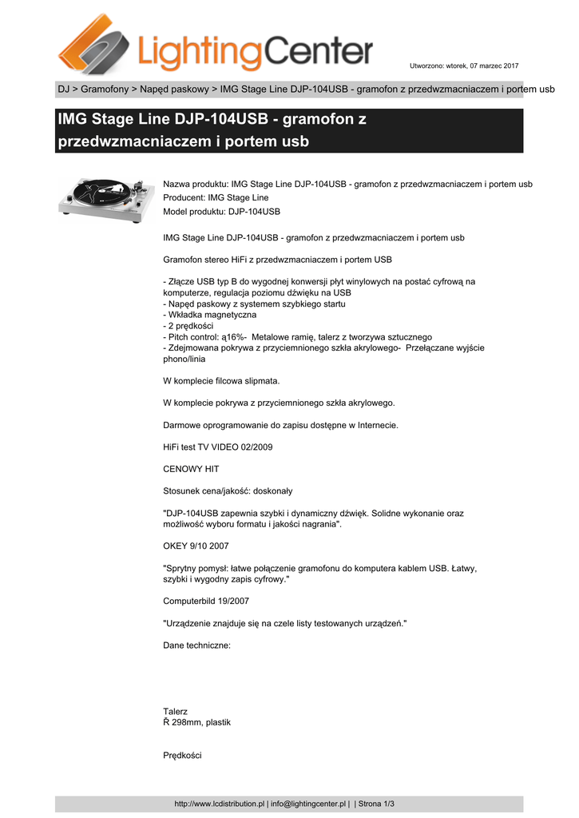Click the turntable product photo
point(105,197)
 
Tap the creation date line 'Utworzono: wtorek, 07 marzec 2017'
point(464,65)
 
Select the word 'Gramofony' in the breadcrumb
point(105,89)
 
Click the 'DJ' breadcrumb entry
point(63,89)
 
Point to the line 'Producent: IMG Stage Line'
point(216,197)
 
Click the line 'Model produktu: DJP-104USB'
point(221,211)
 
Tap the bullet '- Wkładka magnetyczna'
point(209,315)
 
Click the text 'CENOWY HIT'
point(191,469)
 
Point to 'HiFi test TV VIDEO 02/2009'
point(217,447)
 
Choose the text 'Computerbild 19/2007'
point(211,601)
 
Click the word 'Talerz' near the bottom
point(175,711)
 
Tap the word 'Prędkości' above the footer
point(182,755)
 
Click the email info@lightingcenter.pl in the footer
point(308,804)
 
